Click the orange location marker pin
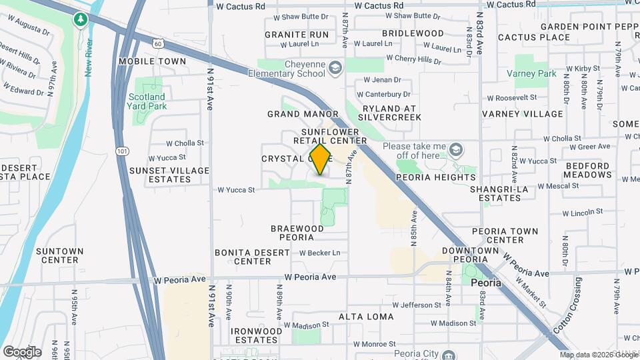coord(321,159)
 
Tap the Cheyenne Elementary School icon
coord(335,67)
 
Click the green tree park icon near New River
coord(81,20)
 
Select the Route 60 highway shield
coord(157,43)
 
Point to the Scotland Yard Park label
coord(147,101)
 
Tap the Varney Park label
coord(531,73)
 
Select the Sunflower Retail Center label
coord(331,136)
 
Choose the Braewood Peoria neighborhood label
coord(297,233)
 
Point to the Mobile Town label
coord(152,61)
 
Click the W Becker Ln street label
coord(319,253)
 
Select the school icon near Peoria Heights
coord(455,147)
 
